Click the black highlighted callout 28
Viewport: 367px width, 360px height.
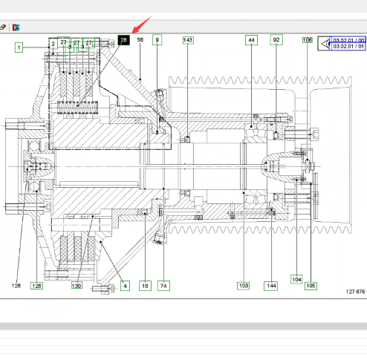point(123,40)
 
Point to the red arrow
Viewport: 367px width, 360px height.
point(141,25)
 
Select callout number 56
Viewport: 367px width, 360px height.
point(140,40)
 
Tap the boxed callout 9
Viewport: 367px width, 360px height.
point(157,40)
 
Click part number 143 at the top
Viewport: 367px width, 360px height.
point(188,40)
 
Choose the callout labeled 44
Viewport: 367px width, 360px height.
point(251,40)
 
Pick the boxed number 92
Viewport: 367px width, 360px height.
point(276,40)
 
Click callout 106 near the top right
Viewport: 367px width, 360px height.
point(308,40)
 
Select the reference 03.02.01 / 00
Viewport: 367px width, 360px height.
point(348,40)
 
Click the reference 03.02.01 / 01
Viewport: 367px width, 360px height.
point(348,46)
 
